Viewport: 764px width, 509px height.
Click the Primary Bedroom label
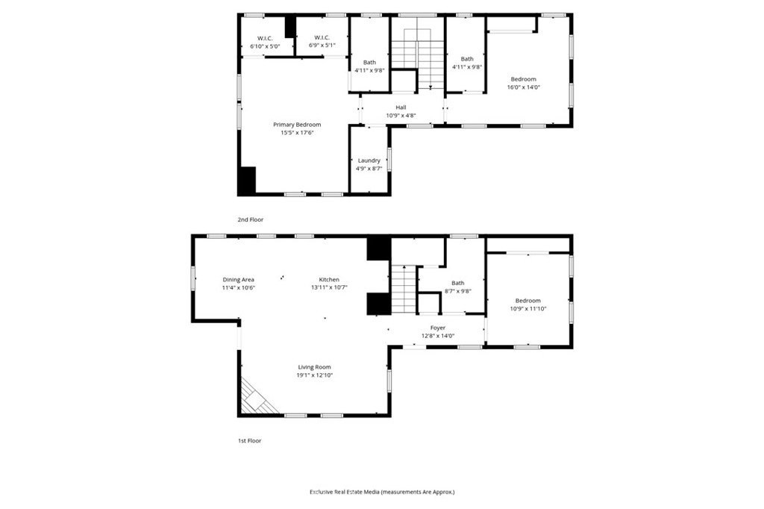(297, 125)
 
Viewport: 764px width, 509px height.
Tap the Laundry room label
(369, 160)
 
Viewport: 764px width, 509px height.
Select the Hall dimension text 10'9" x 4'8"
(401, 116)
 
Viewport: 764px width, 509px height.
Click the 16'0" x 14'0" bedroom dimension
(523, 87)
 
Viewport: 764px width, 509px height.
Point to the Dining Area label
(238, 279)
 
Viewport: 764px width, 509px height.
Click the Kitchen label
(329, 279)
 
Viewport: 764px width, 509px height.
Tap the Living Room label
(314, 367)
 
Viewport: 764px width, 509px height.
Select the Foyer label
(437, 328)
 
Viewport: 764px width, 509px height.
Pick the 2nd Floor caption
(251, 219)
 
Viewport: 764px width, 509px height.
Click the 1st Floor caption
(249, 440)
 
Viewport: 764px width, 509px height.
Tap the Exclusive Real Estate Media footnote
(382, 492)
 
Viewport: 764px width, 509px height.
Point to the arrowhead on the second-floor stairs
(430, 87)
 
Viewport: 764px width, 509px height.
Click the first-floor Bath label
(457, 283)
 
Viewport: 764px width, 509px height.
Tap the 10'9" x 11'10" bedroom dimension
(527, 309)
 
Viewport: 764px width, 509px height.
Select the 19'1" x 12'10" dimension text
(314, 375)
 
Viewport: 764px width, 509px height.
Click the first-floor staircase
(404, 290)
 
